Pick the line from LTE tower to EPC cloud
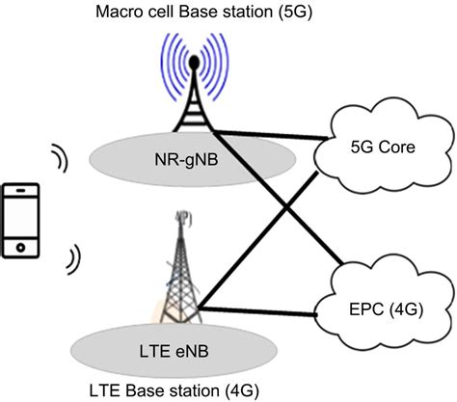265,310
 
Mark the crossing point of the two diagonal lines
280,206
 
